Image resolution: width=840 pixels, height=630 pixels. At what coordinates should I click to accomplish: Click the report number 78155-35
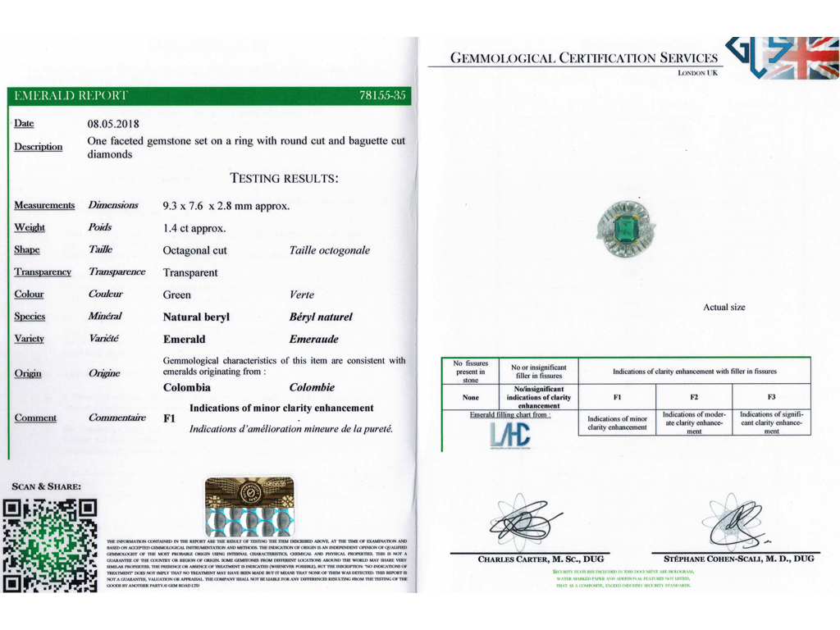(382, 96)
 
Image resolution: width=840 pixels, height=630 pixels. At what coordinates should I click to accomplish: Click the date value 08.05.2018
(113, 124)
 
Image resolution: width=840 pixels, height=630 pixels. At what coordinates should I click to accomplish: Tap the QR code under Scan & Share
(50, 545)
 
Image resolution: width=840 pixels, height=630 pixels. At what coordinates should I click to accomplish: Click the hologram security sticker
(249, 508)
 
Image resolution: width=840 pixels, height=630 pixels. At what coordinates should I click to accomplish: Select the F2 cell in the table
(694, 396)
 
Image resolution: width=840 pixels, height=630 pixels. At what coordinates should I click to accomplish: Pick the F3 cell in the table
(771, 396)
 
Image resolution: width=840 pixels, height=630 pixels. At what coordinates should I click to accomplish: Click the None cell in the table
(470, 396)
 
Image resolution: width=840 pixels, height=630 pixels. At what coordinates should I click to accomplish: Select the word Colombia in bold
(187, 387)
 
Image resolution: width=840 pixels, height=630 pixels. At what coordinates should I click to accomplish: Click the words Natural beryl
(196, 317)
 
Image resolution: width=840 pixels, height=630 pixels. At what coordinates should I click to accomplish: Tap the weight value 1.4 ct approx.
(194, 228)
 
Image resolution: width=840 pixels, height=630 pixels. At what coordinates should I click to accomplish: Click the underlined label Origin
(28, 373)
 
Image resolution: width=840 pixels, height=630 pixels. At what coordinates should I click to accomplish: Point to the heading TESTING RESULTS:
(284, 178)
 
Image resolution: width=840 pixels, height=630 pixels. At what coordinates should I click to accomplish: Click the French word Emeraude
(314, 339)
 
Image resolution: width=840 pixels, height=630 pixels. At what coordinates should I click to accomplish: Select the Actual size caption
(724, 308)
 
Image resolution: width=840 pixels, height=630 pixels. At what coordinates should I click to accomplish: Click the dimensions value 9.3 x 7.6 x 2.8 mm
(226, 206)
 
